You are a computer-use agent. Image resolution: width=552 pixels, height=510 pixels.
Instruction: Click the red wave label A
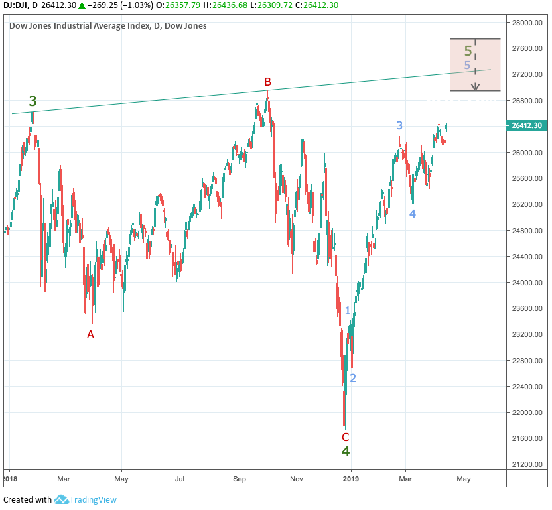[91, 335]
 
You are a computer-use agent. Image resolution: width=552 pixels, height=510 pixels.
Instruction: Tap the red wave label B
[267, 82]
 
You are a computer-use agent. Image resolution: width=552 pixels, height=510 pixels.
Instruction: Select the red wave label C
[345, 437]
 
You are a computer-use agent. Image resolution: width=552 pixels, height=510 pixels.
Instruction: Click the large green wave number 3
[33, 102]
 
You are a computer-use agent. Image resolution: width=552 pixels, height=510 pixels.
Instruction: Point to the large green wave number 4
[346, 452]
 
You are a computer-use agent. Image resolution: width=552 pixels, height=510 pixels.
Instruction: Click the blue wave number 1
[348, 310]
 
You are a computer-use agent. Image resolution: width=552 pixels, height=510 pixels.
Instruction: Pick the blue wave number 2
[353, 378]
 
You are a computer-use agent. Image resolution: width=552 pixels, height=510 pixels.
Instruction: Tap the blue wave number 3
[399, 125]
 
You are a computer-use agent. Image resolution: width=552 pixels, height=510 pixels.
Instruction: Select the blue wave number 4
[412, 214]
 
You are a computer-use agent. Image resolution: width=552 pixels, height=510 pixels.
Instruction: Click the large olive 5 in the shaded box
[468, 51]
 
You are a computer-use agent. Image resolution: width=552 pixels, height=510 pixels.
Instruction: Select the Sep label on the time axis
[240, 478]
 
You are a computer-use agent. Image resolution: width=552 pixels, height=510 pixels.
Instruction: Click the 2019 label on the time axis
[351, 478]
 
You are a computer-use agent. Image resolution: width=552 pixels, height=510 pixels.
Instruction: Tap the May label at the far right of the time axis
[464, 478]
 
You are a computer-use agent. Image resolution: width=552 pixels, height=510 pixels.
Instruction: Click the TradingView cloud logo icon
[62, 500]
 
